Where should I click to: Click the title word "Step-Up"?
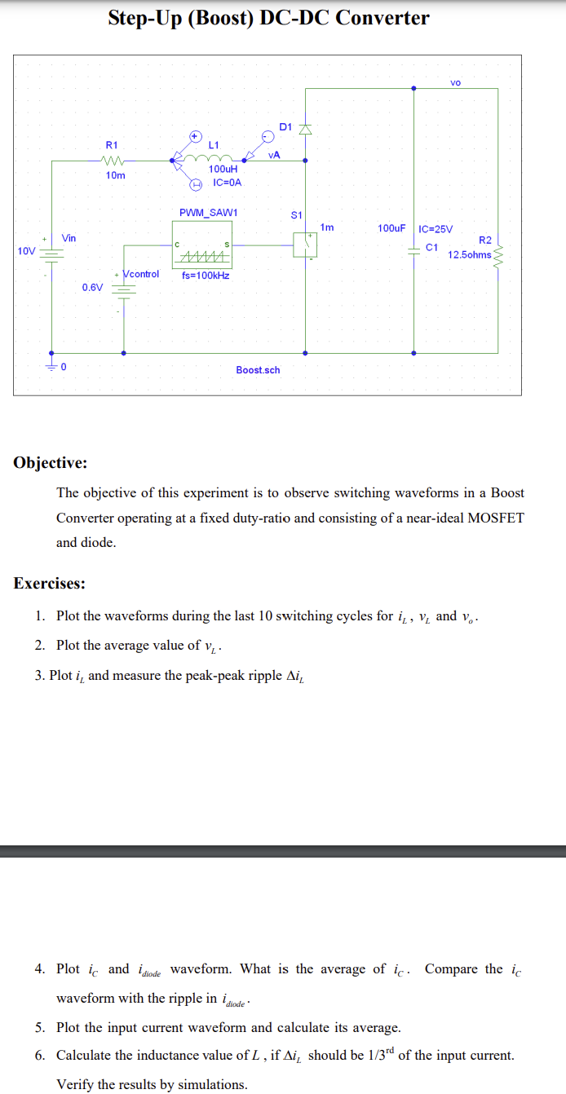coord(144,18)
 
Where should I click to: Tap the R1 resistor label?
coord(112,144)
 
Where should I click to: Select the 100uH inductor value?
coord(223,169)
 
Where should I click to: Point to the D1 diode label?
coord(285,126)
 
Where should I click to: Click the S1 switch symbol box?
coord(306,242)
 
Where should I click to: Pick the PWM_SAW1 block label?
coord(208,213)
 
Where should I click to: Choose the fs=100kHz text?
coord(206,276)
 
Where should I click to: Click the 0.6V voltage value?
coord(92,287)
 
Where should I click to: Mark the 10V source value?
coord(26,250)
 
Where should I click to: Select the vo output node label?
coord(455,83)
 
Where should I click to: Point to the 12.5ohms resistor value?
coord(469,254)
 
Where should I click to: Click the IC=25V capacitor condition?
coord(436,228)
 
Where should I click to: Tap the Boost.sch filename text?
coord(258,370)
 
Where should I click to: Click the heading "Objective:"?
coord(51,463)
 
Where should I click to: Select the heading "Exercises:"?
coord(49,583)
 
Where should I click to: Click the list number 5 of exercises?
coord(39,1028)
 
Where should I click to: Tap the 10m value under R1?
coord(115,175)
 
